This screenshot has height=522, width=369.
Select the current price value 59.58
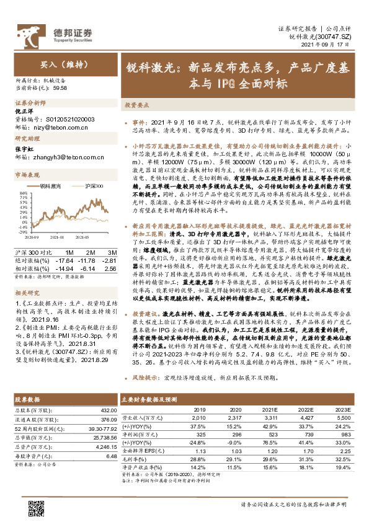pos(43,88)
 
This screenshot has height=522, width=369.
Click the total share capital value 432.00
pos(109,410)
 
